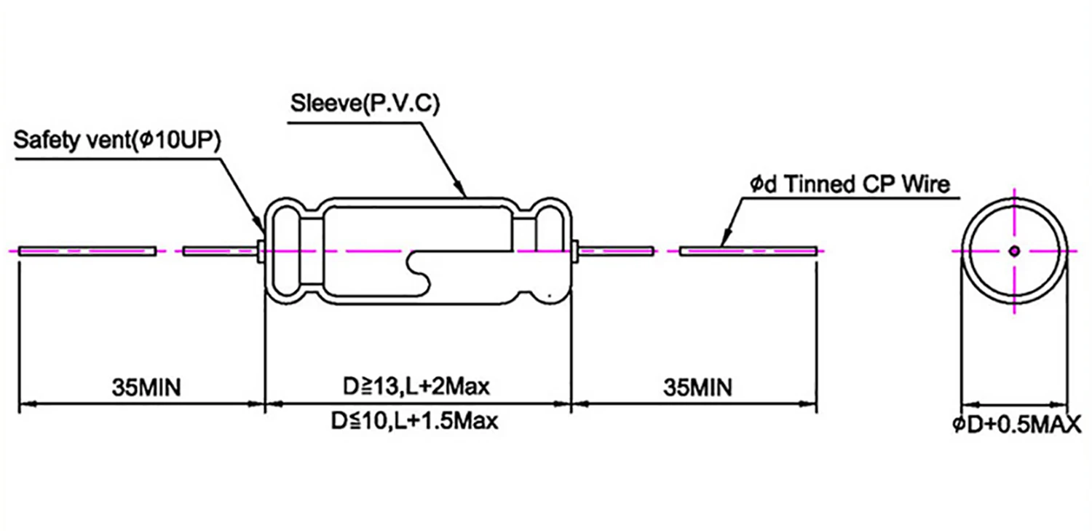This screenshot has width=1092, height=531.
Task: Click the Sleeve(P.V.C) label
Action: pyautogui.click(x=365, y=104)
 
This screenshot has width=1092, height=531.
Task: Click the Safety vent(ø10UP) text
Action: pyautogui.click(x=119, y=140)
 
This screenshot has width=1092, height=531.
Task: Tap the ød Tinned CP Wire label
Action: pyautogui.click(x=850, y=184)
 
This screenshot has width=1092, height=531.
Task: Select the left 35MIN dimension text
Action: pyautogui.click(x=146, y=387)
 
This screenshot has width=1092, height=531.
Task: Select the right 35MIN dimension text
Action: pyautogui.click(x=697, y=387)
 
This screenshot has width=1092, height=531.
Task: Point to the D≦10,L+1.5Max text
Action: pyautogui.click(x=415, y=422)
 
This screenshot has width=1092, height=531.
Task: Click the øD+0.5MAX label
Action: pyautogui.click(x=1017, y=425)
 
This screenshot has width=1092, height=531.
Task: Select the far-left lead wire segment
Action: pyautogui.click(x=87, y=251)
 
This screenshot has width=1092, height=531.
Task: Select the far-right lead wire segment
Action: pyautogui.click(x=748, y=251)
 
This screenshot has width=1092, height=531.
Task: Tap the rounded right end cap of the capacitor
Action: pyautogui.click(x=550, y=251)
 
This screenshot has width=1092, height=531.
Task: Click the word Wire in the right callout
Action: pyautogui.click(x=927, y=184)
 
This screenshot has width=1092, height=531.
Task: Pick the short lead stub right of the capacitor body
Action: pyautogui.click(x=615, y=251)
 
